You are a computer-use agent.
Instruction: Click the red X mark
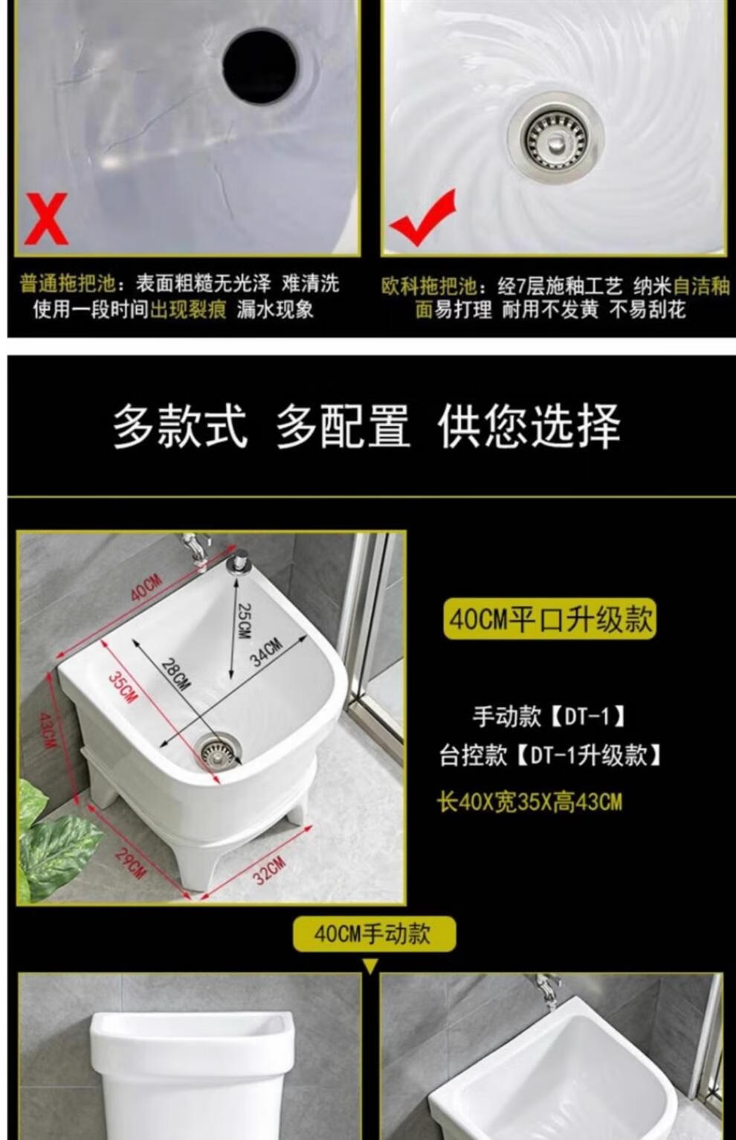click(46, 219)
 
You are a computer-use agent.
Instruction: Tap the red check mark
click(422, 218)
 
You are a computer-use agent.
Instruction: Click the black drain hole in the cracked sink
click(259, 67)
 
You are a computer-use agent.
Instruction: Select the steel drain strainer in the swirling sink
click(556, 136)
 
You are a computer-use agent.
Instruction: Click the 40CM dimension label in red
click(146, 587)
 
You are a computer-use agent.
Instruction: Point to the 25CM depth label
click(245, 621)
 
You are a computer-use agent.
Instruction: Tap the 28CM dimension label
click(175, 674)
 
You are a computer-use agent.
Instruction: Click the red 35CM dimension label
click(122, 688)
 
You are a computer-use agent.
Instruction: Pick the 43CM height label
click(46, 730)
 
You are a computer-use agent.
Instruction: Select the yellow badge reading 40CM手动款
click(375, 934)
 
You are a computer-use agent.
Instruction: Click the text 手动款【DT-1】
click(549, 717)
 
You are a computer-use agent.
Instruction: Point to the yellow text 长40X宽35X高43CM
click(529, 802)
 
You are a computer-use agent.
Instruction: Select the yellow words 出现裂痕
click(187, 309)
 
